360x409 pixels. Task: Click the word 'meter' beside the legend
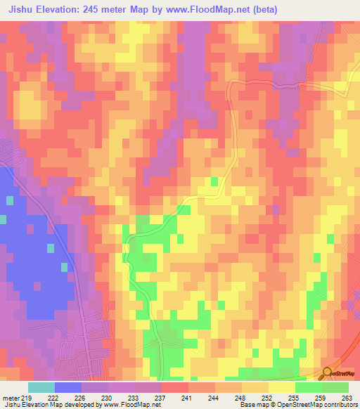(11, 398)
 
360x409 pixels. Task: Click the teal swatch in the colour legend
(41, 387)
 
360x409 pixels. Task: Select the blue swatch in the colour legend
(67, 387)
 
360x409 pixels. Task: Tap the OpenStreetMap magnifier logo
(328, 372)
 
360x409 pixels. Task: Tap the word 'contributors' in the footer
(340, 405)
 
